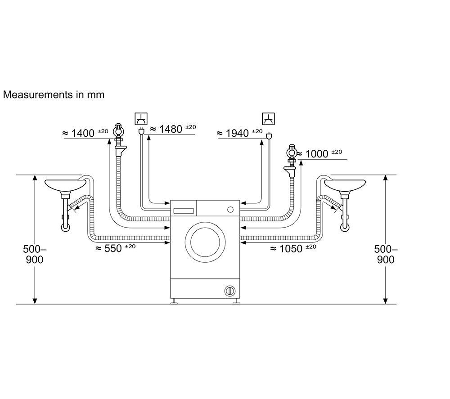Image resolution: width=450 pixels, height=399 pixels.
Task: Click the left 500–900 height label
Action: (x=35, y=254)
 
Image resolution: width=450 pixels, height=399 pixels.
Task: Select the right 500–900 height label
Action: (x=386, y=254)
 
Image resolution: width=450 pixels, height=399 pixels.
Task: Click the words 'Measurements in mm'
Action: (x=54, y=94)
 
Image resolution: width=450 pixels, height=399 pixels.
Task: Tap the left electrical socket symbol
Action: (x=141, y=119)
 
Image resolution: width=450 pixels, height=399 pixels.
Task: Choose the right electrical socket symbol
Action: (x=268, y=119)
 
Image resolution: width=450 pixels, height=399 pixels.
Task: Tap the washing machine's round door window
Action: (x=205, y=242)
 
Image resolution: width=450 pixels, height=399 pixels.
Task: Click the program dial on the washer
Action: (x=230, y=209)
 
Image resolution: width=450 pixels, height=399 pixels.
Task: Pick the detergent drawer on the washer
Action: (x=184, y=211)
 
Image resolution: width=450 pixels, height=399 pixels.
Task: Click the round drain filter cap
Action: (x=229, y=291)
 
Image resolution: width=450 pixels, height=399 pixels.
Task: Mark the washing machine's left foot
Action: (x=174, y=302)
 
